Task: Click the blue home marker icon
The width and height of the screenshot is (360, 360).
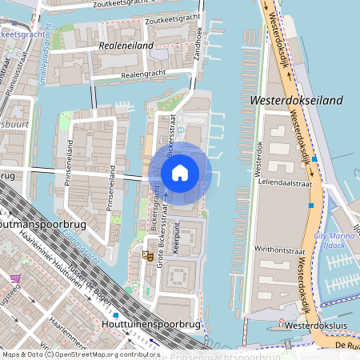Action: point(180,172)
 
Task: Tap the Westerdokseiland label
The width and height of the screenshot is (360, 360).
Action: point(296,101)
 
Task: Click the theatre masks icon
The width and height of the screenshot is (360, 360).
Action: point(146,255)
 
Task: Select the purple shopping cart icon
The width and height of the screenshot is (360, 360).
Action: point(15,278)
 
